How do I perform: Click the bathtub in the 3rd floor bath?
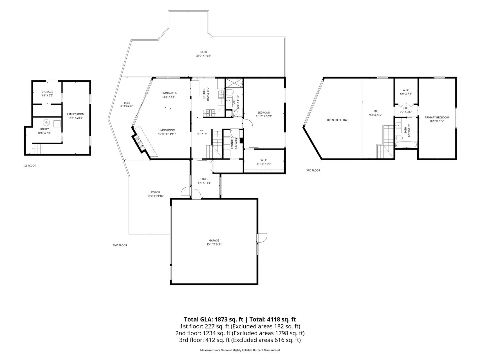406,145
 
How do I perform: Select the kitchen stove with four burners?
210,113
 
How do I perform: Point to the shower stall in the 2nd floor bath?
234,83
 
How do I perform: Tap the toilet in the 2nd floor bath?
229,92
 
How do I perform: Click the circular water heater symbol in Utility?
46,123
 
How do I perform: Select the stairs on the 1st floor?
36,148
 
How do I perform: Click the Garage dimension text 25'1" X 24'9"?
214,244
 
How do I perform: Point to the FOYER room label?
205,179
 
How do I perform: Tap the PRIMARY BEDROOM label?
437,118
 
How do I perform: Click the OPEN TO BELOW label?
337,120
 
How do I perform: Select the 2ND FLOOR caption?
120,246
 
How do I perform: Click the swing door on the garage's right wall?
262,238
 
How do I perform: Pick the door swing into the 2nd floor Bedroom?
248,124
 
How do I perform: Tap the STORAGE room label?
47,92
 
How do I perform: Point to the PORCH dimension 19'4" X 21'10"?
156,196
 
